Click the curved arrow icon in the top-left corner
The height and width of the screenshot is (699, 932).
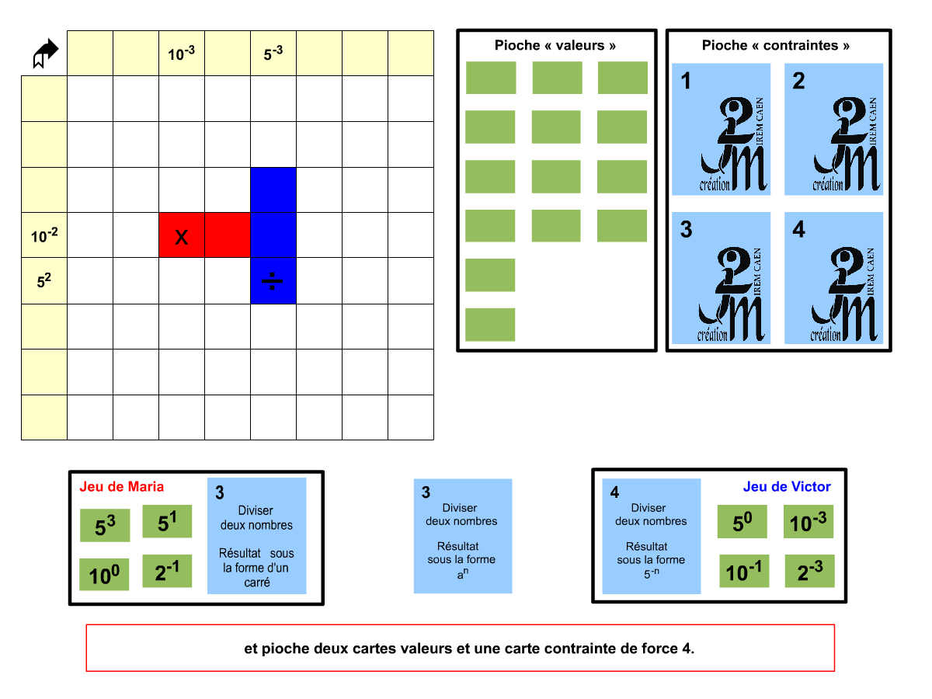click(x=46, y=54)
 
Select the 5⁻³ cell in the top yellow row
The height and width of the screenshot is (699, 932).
click(x=273, y=54)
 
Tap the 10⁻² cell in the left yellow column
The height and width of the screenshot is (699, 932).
click(x=44, y=235)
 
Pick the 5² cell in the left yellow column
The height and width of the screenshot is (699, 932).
click(x=44, y=281)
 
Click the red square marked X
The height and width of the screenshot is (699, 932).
click(x=182, y=235)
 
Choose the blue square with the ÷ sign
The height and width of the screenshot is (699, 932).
click(x=273, y=281)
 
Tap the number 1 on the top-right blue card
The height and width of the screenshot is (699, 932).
click(x=686, y=81)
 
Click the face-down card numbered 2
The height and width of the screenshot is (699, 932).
click(x=833, y=129)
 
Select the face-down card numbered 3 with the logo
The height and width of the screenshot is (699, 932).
click(x=721, y=278)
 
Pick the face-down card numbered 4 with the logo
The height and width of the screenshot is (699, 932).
click(x=833, y=278)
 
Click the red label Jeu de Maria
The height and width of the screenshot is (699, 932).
click(x=122, y=487)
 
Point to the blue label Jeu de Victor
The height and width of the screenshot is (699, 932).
click(x=787, y=487)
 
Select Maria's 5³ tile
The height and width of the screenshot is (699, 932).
click(x=105, y=526)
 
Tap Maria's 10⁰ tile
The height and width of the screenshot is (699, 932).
click(x=104, y=575)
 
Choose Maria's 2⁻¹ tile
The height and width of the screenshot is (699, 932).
click(x=167, y=571)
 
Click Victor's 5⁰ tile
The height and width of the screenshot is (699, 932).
click(x=742, y=522)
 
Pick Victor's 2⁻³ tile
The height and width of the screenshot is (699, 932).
click(x=809, y=571)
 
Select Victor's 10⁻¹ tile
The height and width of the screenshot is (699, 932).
click(x=744, y=571)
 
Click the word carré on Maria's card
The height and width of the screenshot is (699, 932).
click(x=257, y=582)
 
